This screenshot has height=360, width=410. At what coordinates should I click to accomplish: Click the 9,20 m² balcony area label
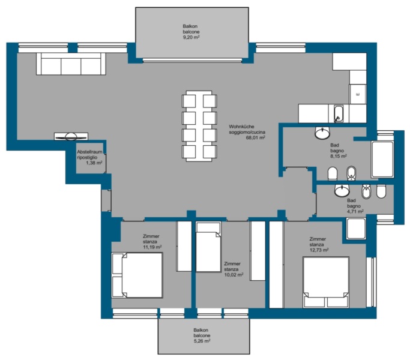click(191, 37)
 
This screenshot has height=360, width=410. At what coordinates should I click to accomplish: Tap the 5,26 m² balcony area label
click(202, 341)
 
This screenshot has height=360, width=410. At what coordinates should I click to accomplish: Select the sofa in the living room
click(71, 64)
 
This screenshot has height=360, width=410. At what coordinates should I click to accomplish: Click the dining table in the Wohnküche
click(199, 126)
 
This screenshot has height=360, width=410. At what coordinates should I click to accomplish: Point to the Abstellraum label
click(89, 152)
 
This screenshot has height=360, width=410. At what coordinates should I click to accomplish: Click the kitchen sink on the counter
click(339, 113)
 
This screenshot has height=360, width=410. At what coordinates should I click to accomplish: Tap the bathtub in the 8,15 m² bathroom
click(382, 159)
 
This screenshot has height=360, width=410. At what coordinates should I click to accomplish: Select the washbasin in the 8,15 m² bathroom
click(322, 133)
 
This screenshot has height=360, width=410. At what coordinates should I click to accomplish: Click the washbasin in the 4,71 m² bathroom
click(342, 190)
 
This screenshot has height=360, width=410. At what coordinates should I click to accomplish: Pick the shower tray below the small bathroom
click(356, 228)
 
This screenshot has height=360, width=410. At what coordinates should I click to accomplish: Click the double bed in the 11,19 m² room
click(137, 275)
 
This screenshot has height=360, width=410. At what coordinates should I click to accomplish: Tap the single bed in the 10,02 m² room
click(208, 247)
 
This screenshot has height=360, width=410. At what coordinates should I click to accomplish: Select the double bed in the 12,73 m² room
click(326, 282)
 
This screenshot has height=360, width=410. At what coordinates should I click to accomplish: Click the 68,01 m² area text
click(256, 138)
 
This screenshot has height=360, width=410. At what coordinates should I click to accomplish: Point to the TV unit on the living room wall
click(71, 136)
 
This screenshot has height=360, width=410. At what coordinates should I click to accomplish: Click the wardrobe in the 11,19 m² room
click(184, 246)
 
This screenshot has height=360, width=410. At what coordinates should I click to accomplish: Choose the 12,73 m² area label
click(319, 250)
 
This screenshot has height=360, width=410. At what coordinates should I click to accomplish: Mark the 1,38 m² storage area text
click(94, 163)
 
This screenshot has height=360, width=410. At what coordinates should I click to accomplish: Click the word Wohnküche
click(241, 127)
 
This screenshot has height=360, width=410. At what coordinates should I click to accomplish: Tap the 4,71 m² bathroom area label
click(355, 212)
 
